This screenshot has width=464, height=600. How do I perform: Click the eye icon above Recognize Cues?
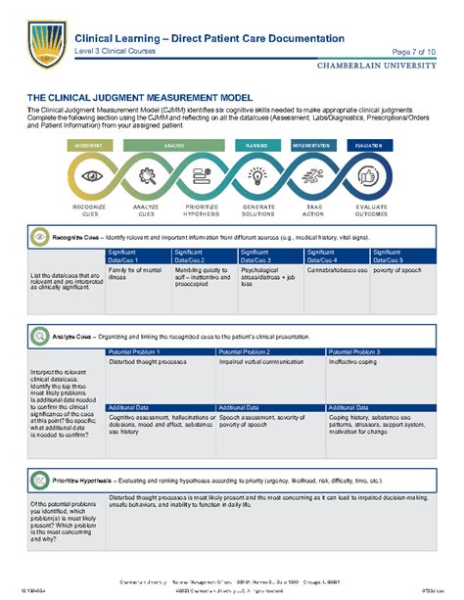click(x=91, y=176)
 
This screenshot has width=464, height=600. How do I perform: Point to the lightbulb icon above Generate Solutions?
click(x=258, y=176)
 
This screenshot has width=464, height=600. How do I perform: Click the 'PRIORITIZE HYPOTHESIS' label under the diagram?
click(x=202, y=210)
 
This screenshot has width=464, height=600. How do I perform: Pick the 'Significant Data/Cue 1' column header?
click(x=135, y=256)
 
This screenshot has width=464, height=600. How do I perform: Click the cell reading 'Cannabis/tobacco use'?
click(x=337, y=270)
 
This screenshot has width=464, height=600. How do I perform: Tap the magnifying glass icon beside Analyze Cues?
click(x=39, y=336)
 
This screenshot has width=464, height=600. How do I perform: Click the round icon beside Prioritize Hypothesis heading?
click(x=39, y=482)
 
